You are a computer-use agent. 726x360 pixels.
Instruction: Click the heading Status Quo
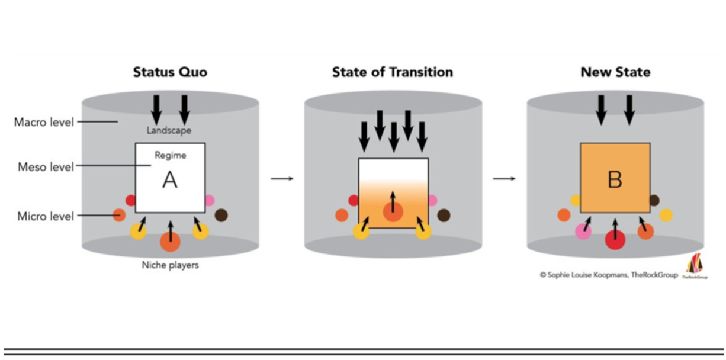click(x=170, y=72)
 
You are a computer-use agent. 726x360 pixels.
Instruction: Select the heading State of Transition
click(x=392, y=72)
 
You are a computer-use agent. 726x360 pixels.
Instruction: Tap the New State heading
click(x=615, y=72)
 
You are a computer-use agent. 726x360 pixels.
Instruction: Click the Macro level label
click(x=44, y=123)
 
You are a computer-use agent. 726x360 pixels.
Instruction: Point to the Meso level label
click(x=46, y=167)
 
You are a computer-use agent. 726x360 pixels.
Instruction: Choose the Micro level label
click(x=46, y=216)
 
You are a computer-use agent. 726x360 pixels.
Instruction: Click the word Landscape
click(x=170, y=130)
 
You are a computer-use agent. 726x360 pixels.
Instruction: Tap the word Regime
click(x=170, y=156)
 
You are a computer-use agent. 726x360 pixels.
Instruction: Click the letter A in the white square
click(x=170, y=180)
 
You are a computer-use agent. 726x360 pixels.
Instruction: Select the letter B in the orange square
click(x=615, y=179)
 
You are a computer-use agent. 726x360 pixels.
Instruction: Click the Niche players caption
click(x=170, y=265)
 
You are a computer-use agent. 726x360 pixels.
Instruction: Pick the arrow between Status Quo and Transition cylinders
click(x=282, y=179)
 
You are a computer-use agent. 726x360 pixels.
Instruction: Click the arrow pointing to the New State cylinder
click(x=504, y=179)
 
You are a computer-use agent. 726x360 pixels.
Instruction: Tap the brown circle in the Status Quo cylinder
click(x=221, y=215)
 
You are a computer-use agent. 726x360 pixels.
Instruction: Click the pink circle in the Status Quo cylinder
click(x=209, y=200)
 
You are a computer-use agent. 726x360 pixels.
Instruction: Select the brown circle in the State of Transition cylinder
click(x=444, y=216)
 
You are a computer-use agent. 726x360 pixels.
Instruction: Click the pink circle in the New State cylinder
click(x=583, y=232)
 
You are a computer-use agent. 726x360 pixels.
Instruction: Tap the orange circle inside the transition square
click(x=393, y=212)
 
